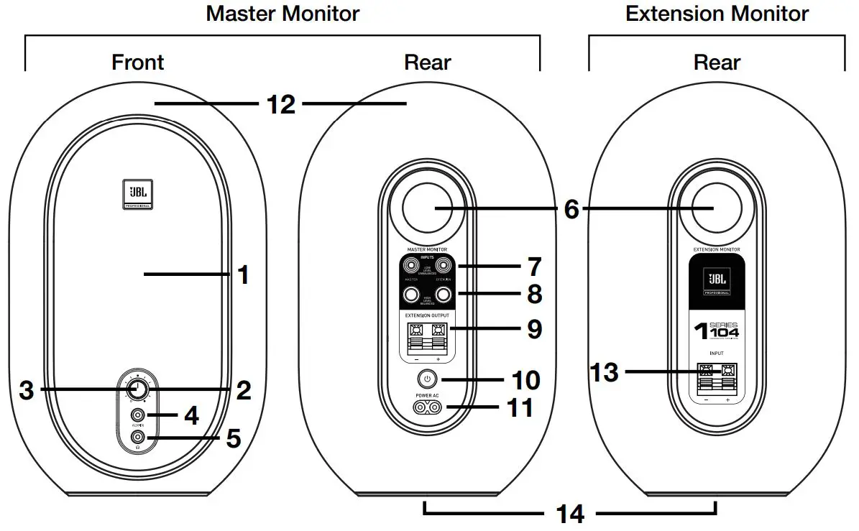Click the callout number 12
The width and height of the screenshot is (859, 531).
pyautogui.click(x=280, y=104)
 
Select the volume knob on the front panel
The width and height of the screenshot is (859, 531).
pyautogui.click(x=137, y=389)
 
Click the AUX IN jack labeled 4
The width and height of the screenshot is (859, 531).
pyautogui.click(x=137, y=415)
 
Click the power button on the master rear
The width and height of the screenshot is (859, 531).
pyautogui.click(x=427, y=379)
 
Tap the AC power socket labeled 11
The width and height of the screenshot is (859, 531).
pyautogui.click(x=427, y=407)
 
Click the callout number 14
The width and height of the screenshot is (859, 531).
pyautogui.click(x=569, y=514)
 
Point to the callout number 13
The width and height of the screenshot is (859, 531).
pyautogui.click(x=605, y=372)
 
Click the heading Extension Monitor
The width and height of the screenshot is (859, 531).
pyautogui.click(x=717, y=13)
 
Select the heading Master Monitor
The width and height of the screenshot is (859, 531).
pyautogui.click(x=282, y=13)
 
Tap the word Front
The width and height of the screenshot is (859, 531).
pyautogui.click(x=137, y=63)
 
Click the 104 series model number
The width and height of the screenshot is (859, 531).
pyautogui.click(x=721, y=332)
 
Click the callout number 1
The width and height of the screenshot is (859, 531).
pyautogui.click(x=244, y=274)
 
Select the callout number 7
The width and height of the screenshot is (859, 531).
pyautogui.click(x=533, y=267)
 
